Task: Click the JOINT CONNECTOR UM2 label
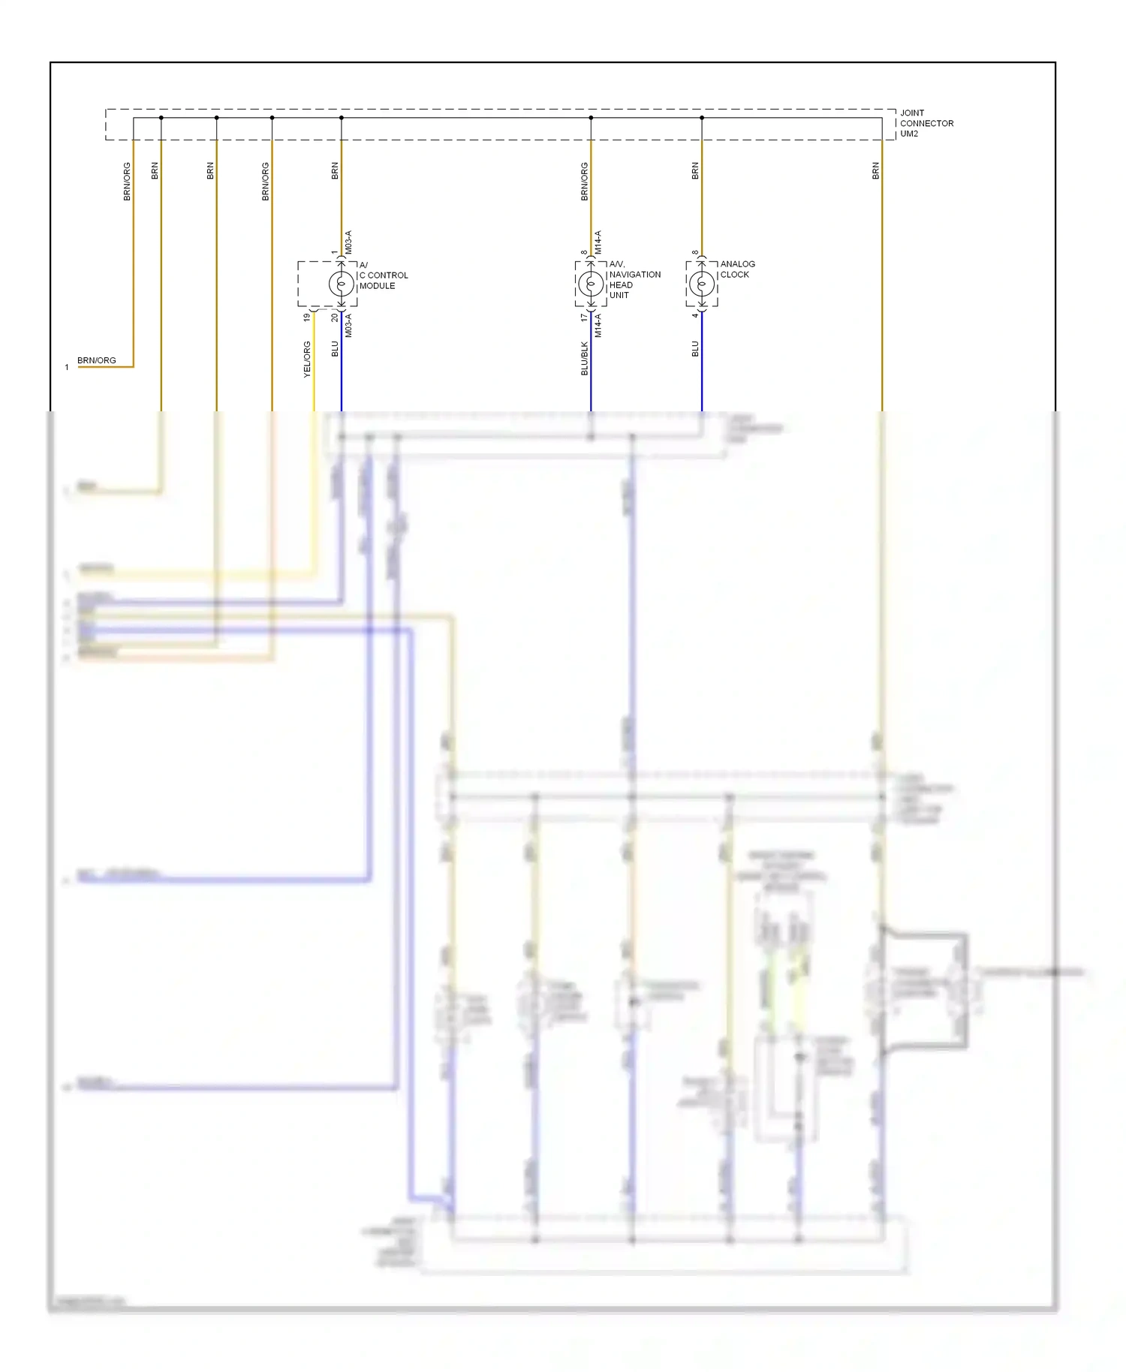pos(926,123)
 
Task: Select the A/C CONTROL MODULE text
pos(383,275)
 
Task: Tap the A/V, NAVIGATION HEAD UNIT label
pos(634,279)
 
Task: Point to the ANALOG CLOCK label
pos(737,269)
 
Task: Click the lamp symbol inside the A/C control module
pos(341,284)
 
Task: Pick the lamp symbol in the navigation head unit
pos(591,284)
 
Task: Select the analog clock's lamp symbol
pos(702,284)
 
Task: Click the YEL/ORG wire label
pos(307,359)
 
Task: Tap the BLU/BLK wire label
pos(585,358)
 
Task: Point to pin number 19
pos(307,317)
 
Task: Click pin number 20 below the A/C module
pos(335,317)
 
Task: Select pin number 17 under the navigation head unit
pos(584,317)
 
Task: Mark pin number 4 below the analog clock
pos(695,315)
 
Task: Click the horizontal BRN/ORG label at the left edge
pos(97,360)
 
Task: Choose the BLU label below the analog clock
pos(695,349)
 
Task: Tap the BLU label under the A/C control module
pos(335,349)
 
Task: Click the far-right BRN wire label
pos(875,170)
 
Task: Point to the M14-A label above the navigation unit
pos(598,242)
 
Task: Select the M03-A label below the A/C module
pos(348,326)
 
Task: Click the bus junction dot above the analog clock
pos(702,118)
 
